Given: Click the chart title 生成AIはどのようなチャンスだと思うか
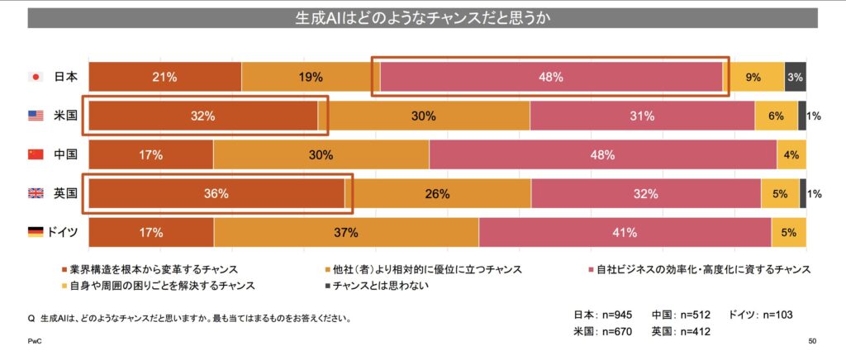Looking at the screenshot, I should tap(422, 17).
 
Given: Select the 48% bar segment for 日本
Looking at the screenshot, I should tap(551, 77).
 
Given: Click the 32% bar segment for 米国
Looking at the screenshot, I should tap(202, 116).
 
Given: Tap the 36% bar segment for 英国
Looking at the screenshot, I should tap(216, 194).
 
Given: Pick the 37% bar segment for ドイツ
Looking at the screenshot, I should tap(345, 233).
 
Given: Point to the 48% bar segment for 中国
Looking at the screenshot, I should tap(602, 155).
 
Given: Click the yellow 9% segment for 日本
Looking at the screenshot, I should tap(753, 77).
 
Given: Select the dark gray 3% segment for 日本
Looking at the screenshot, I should tap(796, 77).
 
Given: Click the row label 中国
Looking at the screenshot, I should tap(65, 155).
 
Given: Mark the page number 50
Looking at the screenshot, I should tap(812, 340).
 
